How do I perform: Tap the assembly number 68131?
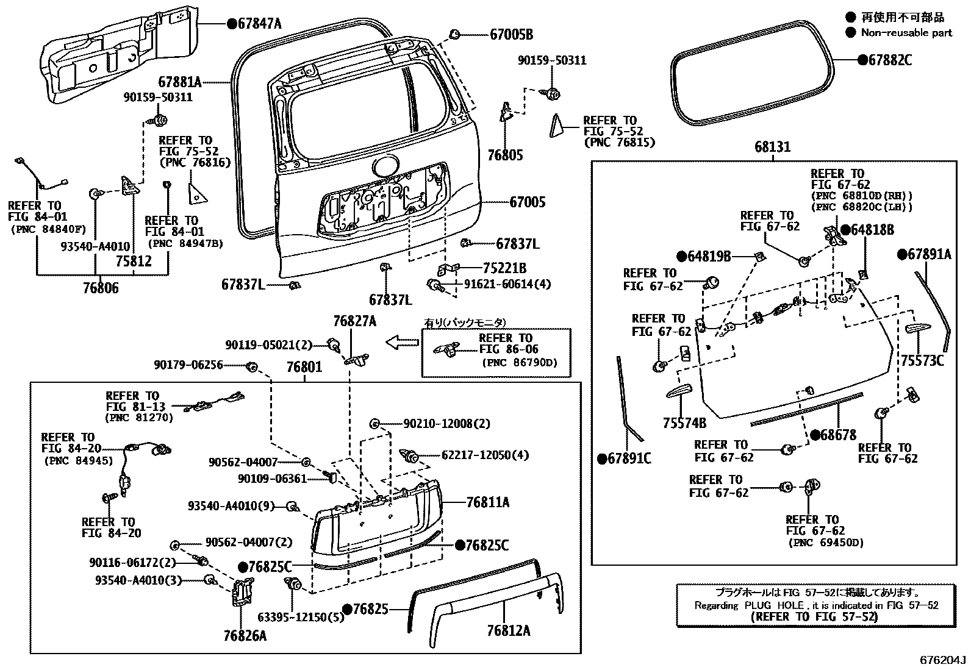[772, 147]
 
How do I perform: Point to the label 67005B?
[511, 35]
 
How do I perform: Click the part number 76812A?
[508, 630]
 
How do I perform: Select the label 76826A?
[245, 635]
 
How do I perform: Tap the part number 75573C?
[922, 361]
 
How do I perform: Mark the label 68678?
[838, 435]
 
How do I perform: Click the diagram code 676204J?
[944, 660]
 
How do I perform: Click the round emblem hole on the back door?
[385, 168]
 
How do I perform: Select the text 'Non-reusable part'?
[906, 33]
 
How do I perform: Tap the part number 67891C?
[629, 458]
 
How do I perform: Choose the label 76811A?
[487, 502]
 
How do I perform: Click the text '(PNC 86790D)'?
[519, 363]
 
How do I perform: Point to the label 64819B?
[708, 257]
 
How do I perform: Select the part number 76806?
[101, 288]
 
